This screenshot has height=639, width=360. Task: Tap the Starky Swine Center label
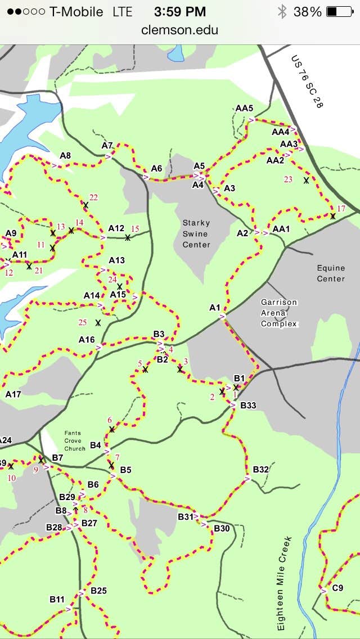tap(196, 233)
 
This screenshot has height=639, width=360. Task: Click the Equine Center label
tap(331, 273)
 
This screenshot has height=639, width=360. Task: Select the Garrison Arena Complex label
tap(279, 313)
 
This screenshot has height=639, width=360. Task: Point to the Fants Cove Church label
tap(75, 440)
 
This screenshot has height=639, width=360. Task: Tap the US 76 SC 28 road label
tap(307, 82)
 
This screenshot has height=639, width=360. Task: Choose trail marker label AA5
tap(244, 108)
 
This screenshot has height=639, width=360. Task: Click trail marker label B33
tap(248, 405)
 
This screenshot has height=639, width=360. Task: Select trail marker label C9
tap(337, 588)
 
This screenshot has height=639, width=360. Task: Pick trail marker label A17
tap(13, 394)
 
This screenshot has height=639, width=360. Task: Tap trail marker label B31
tap(186, 516)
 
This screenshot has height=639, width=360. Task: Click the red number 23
tap(288, 179)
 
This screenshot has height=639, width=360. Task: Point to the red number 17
tap(341, 209)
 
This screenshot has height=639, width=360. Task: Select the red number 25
tap(83, 322)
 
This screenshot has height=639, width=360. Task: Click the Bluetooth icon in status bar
tap(282, 12)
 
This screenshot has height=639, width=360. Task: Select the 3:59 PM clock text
tap(181, 12)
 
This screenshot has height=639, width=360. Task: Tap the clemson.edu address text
tap(180, 30)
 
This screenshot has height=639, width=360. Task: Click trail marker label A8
tap(65, 156)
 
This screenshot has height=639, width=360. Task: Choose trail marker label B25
tap(98, 591)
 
